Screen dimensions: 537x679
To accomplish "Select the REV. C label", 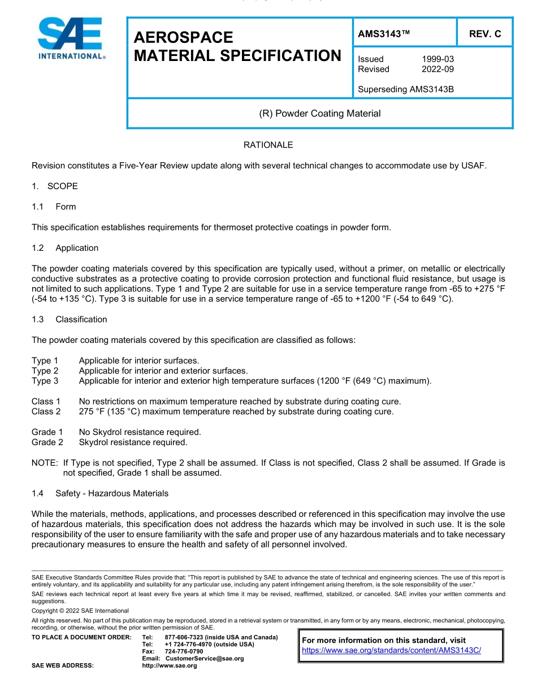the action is tap(485, 34).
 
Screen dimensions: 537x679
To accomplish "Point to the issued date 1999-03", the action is tap(438, 59).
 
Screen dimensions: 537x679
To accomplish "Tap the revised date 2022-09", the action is tap(438, 69).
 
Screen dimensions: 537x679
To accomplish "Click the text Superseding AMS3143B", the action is tap(406, 89).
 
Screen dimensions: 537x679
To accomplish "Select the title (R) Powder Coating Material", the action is tap(319, 114).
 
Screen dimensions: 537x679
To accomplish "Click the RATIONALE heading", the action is tap(268, 145).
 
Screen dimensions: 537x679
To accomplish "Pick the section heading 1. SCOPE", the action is tap(55, 186).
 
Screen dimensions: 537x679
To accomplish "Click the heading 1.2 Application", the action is tap(65, 248).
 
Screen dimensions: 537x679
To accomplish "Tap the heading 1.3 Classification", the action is tap(70, 319).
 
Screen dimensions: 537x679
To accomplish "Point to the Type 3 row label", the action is tap(45, 381).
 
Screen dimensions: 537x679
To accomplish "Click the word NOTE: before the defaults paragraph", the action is tap(45, 463).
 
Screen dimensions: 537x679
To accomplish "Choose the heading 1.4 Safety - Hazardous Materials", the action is tap(100, 493).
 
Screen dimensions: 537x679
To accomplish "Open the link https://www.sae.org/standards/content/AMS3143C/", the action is tap(391, 650).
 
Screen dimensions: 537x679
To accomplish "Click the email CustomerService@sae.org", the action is tap(204, 659).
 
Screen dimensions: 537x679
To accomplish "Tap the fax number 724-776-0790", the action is tap(184, 651).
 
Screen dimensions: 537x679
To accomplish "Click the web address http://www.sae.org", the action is tap(170, 665).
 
